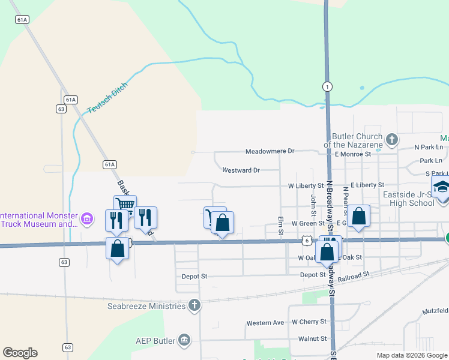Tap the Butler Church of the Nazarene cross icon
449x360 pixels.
click(392, 140)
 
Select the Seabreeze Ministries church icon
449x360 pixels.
click(194, 305)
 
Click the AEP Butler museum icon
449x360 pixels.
click(184, 341)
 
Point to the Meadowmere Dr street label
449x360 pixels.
click(270, 152)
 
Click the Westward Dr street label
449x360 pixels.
click(241, 170)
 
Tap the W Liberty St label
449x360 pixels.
click(306, 186)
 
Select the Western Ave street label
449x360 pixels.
click(265, 323)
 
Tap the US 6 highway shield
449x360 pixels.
click(306, 241)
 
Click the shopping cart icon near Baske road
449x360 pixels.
click(125, 205)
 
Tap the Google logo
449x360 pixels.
click(20, 353)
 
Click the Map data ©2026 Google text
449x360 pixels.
click(411, 355)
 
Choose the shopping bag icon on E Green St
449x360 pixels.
click(358, 217)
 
